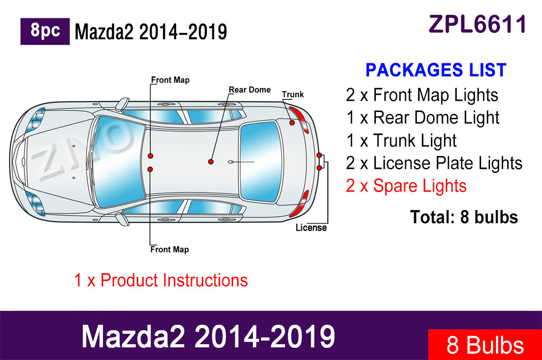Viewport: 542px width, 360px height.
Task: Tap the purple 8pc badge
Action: (45, 31)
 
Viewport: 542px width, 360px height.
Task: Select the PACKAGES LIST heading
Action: (436, 70)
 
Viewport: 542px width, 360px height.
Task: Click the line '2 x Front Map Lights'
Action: (422, 95)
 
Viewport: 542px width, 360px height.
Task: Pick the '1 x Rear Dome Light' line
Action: (423, 118)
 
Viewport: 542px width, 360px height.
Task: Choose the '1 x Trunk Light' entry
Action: (402, 140)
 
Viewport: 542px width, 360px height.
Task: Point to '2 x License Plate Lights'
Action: (434, 163)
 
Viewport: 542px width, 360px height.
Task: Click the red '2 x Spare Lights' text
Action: (406, 186)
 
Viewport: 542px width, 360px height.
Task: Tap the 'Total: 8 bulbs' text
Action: (464, 217)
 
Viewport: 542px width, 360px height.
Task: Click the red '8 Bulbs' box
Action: (485, 345)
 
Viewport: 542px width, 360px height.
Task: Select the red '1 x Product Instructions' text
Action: (161, 280)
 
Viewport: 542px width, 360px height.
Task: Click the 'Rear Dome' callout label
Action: (250, 90)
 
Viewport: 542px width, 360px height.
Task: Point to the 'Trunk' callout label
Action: (293, 95)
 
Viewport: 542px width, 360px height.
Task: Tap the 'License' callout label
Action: (311, 228)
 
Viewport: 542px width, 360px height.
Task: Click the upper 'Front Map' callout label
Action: (170, 80)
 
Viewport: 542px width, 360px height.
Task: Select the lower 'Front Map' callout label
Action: (170, 249)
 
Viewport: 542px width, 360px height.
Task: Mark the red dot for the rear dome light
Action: (210, 161)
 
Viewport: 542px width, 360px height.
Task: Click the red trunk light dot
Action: (292, 123)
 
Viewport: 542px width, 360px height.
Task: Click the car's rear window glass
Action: (258, 161)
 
